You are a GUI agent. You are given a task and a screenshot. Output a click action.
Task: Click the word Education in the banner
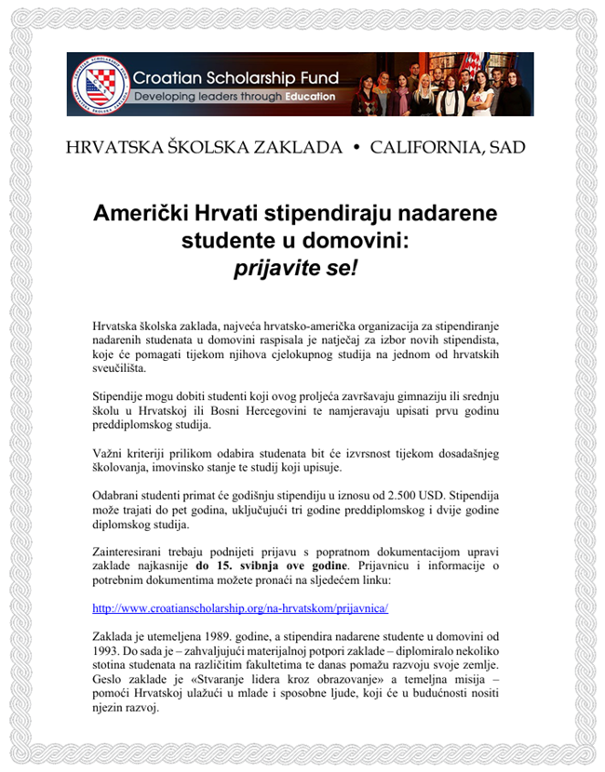312,97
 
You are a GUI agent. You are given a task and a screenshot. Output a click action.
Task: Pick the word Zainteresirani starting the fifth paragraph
136,549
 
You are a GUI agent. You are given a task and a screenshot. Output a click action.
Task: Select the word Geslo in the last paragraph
110,685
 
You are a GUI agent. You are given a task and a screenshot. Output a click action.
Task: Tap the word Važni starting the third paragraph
110,453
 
